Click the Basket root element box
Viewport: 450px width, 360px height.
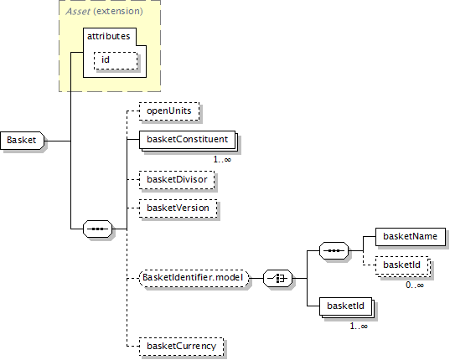23,141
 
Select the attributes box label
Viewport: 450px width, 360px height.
108,36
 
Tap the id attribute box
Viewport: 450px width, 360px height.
116,60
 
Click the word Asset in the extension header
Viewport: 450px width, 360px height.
78,12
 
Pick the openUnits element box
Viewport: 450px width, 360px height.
169,111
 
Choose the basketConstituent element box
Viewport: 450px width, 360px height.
187,140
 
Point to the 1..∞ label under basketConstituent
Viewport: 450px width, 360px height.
222,159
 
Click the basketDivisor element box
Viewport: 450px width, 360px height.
177,180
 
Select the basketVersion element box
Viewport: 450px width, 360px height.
178,208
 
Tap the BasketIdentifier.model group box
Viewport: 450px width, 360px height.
194,278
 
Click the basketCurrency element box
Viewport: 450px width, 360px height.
181,347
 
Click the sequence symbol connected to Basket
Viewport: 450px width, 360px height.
97,229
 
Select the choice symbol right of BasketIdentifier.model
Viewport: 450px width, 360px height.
278,278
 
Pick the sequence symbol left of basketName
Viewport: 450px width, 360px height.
334,251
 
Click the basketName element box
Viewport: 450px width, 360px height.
411,237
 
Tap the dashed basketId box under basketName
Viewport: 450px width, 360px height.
402,265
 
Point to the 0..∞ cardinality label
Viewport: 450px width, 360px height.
415,285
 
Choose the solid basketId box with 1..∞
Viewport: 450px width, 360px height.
346,306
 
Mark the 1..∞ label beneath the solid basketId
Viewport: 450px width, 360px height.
359,327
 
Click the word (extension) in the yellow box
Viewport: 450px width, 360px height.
118,12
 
